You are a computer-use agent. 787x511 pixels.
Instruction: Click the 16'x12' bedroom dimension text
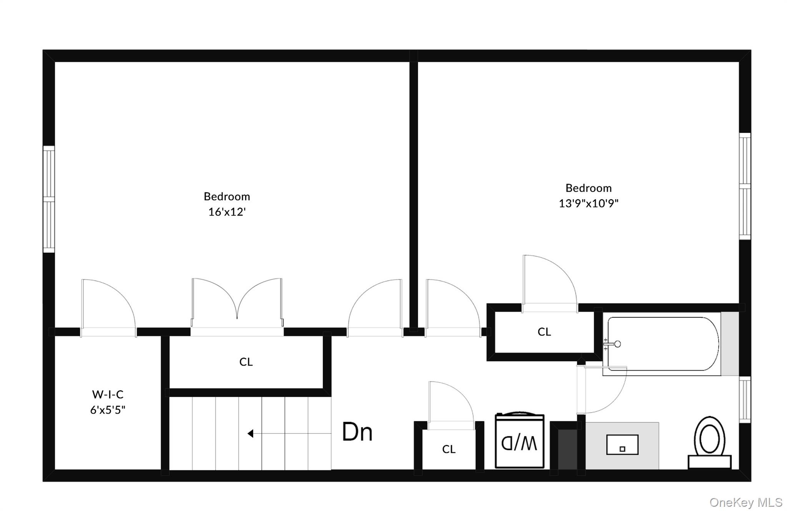227,212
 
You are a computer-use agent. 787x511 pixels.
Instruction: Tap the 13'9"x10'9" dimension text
588,203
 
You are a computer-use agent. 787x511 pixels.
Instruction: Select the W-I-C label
108,394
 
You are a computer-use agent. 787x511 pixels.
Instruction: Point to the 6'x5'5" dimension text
108,410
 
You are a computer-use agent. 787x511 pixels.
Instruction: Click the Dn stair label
357,432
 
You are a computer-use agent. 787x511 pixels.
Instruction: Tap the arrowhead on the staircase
251,434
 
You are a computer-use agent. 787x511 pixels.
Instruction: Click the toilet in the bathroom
709,443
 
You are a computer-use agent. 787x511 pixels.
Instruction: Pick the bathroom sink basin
622,445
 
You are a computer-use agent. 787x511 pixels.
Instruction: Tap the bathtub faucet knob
617,344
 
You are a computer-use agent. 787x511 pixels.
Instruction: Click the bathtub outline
662,344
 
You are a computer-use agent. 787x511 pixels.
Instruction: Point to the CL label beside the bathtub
544,332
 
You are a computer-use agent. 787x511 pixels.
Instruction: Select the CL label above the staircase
246,362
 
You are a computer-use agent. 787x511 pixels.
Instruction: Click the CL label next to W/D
449,449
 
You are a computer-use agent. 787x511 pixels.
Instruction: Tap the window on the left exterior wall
49,199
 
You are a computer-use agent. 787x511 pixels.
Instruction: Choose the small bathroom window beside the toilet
745,399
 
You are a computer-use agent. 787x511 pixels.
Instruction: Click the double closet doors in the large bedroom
237,304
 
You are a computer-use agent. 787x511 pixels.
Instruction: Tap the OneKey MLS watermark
745,503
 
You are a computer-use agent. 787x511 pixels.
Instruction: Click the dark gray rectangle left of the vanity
567,449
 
